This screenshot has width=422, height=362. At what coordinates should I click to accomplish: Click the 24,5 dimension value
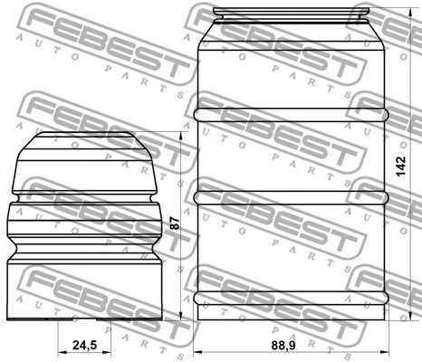point(83,345)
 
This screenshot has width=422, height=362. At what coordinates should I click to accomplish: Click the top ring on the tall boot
point(293,115)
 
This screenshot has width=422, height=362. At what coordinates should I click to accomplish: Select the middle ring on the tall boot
point(293,195)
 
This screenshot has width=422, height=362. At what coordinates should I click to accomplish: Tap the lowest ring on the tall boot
point(293,297)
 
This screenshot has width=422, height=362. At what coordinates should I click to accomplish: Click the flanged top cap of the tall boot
point(293,17)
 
